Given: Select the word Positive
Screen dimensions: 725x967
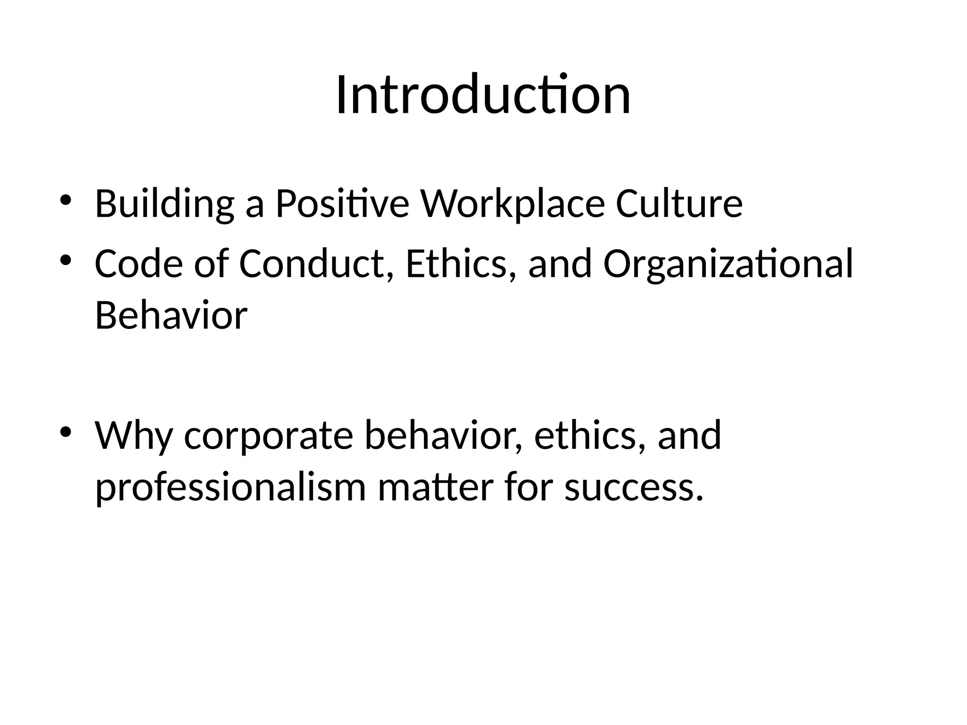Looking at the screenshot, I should click(x=342, y=203).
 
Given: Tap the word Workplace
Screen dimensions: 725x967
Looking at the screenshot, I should click(x=512, y=204).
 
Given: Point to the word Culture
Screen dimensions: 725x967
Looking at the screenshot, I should click(x=679, y=203).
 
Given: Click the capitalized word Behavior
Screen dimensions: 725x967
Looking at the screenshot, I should click(x=171, y=315).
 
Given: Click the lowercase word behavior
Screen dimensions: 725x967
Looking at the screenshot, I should click(x=443, y=435).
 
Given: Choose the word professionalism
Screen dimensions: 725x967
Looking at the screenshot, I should click(x=230, y=488).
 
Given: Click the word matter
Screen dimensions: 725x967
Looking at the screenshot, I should click(x=435, y=487).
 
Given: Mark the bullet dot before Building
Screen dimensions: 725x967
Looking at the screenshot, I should click(x=66, y=200).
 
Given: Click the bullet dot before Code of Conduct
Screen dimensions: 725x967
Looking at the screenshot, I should click(x=66, y=260).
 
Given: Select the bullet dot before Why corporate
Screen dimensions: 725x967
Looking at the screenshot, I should click(x=66, y=431).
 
